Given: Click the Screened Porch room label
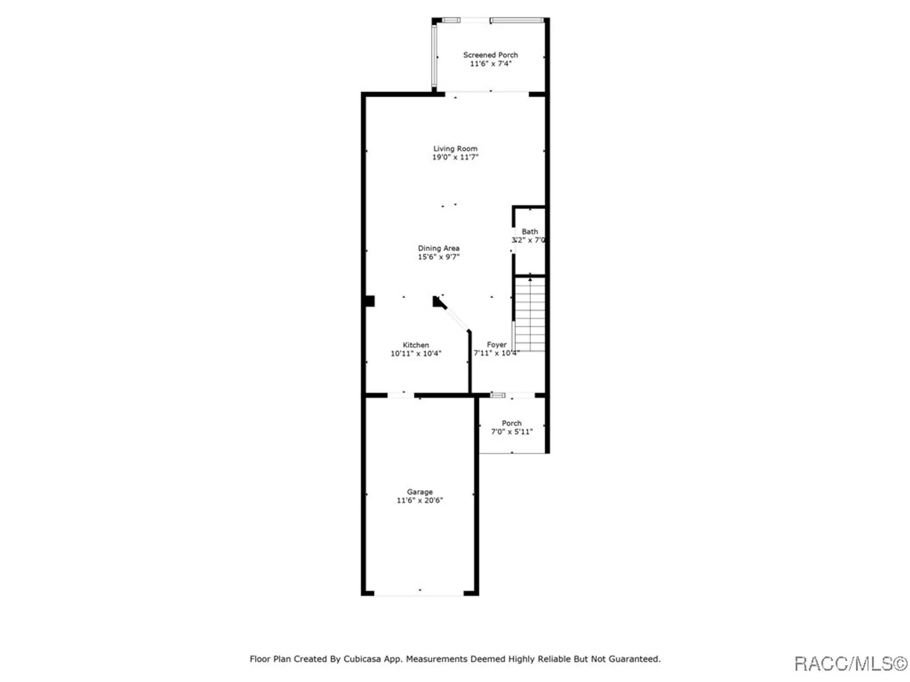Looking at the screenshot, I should click(x=490, y=55).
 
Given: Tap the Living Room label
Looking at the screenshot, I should click(x=455, y=149).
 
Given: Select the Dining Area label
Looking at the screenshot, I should click(x=439, y=248).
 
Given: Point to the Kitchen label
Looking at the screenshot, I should click(x=415, y=345).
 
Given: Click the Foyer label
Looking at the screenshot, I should click(x=496, y=345).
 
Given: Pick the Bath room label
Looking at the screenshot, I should click(x=530, y=231).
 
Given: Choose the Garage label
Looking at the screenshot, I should click(x=420, y=492).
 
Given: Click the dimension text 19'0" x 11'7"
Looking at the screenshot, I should click(x=455, y=157).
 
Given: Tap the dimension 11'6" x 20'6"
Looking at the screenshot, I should click(x=420, y=501).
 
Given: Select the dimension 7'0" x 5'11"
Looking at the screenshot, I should click(x=511, y=432).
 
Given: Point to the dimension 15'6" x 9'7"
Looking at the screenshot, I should click(x=439, y=257).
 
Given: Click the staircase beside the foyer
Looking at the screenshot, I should click(x=530, y=314).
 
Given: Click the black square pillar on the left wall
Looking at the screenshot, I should click(x=369, y=301).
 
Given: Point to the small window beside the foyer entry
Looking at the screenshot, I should click(x=498, y=395).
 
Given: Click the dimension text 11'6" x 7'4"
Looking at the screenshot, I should click(x=490, y=64).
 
